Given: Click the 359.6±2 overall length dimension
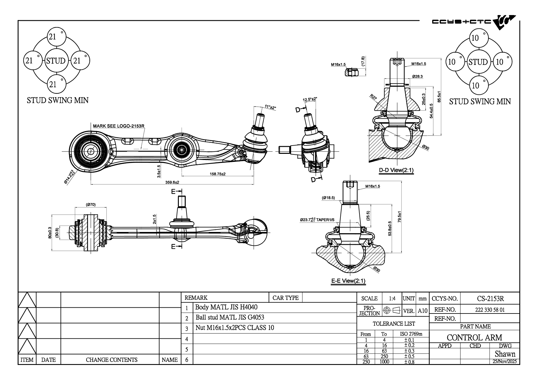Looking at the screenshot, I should pyautogui.click(x=172, y=182).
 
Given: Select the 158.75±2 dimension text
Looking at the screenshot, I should pyautogui.click(x=217, y=174).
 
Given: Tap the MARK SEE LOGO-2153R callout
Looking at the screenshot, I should pyautogui.click(x=119, y=126).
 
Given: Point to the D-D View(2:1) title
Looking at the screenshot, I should pyautogui.click(x=396, y=170).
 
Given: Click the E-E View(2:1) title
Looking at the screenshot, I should pyautogui.click(x=348, y=281).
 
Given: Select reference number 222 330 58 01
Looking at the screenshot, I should pyautogui.click(x=490, y=310).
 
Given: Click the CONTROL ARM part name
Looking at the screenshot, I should pyautogui.click(x=474, y=337).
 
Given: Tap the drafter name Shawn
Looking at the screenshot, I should pyautogui.click(x=505, y=354).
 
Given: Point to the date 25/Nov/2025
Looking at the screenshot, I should pyautogui.click(x=505, y=361).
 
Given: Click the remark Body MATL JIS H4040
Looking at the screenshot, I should pyautogui.click(x=226, y=307).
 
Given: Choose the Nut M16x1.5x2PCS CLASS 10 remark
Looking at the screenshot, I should pyautogui.click(x=235, y=328).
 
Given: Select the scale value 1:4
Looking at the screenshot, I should pyautogui.click(x=392, y=298).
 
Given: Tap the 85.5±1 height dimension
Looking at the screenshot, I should pyautogui.click(x=439, y=97).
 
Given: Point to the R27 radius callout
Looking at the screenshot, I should pyautogui.click(x=373, y=97).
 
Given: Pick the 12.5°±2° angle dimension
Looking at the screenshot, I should pyautogui.click(x=310, y=99).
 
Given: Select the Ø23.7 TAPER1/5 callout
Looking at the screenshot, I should pyautogui.click(x=317, y=220).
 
